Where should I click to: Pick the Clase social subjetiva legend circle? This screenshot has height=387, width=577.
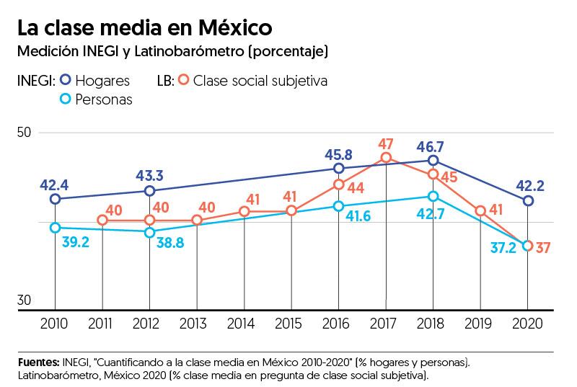185,81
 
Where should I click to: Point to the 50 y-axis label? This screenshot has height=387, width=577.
24,133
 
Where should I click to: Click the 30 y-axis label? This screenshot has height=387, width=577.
24,301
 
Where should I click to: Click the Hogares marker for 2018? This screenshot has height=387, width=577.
433,161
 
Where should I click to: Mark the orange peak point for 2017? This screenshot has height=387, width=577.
386,158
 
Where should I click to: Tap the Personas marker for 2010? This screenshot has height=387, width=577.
55,228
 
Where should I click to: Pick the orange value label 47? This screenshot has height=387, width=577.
386,142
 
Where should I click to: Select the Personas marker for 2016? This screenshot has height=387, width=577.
338,206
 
